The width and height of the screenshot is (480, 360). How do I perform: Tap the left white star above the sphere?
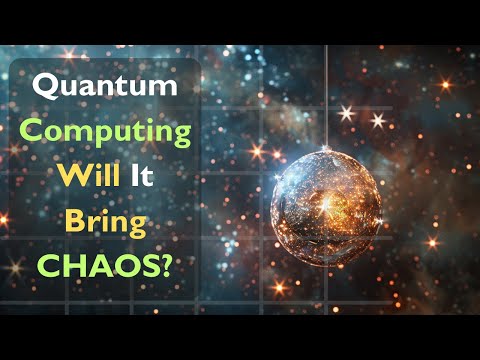point(348,113)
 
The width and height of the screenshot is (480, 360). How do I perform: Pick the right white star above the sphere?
point(378,119)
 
